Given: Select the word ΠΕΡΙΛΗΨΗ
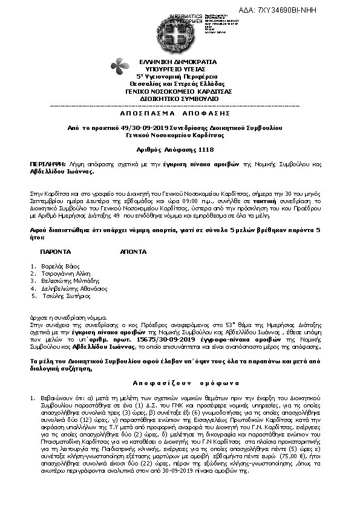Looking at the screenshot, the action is tap(47, 164).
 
